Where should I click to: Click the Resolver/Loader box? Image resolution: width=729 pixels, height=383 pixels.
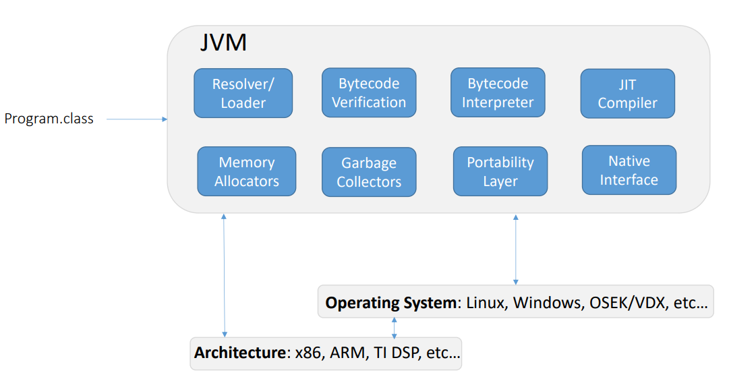point(243,93)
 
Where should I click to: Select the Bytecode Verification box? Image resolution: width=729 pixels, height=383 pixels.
point(369,93)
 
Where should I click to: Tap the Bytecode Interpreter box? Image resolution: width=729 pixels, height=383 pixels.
point(498,93)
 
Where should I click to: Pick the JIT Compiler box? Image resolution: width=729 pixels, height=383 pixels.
point(627,94)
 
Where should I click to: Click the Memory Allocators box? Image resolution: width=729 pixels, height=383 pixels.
point(247,171)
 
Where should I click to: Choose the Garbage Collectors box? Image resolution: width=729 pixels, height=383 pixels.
point(369,172)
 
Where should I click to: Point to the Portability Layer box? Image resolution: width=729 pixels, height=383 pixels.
point(500,171)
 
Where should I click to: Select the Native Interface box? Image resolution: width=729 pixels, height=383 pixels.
point(629,170)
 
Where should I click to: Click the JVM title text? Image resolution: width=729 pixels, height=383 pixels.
point(223,43)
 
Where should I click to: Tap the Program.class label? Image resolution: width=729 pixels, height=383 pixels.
point(49,119)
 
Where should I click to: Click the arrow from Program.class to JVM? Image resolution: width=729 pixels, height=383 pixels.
point(137,119)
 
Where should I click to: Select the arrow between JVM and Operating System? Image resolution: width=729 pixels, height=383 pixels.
point(516,249)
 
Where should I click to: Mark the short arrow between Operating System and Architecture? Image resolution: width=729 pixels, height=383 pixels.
point(395,326)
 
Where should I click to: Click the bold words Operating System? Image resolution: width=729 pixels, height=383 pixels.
point(390,303)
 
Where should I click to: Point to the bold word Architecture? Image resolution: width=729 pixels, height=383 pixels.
point(239,353)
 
